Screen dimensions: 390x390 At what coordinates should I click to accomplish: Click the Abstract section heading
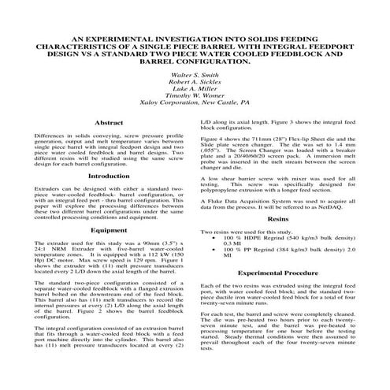pos(108,124)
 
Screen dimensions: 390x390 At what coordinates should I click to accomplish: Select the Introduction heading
pos(108,176)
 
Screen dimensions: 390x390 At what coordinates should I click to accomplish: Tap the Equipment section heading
pos(108,230)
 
